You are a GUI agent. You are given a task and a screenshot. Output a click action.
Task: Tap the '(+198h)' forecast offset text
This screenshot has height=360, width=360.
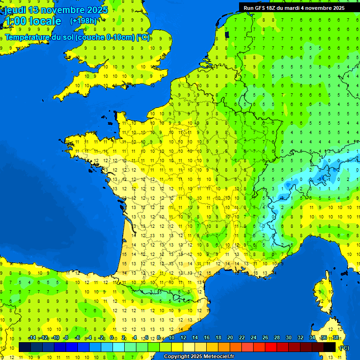pos(83,21)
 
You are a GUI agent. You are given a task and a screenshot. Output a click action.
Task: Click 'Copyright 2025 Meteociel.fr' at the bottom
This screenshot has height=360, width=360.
pos(199,356)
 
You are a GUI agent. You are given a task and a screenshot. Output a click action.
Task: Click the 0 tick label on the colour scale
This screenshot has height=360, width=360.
pos(112,338)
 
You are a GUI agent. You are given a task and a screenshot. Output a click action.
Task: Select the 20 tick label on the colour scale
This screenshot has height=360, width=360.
pos(230,338)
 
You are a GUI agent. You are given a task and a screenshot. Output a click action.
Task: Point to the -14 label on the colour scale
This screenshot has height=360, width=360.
pos(32,338)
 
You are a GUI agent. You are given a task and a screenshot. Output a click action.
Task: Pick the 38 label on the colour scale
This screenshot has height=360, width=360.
pos(336,338)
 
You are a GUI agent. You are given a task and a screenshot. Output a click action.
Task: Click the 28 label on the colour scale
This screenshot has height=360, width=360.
pos(277,338)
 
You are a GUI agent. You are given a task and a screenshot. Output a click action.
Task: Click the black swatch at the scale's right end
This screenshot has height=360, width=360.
pos(330,347)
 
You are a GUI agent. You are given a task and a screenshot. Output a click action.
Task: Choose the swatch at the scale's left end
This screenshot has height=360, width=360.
pos(24,347)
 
